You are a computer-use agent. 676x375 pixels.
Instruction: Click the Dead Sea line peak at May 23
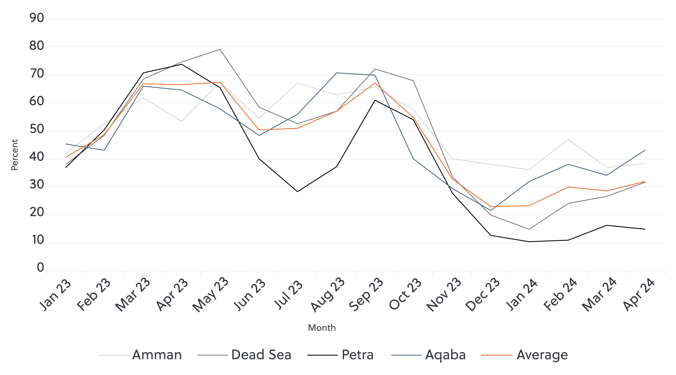(220, 49)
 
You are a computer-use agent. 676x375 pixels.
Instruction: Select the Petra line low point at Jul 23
(297, 192)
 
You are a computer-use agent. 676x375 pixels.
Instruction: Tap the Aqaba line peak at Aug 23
(336, 73)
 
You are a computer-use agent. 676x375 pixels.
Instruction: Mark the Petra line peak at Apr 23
(181, 64)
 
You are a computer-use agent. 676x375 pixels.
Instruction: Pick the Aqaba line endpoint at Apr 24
(645, 150)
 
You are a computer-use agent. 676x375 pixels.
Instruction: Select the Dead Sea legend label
(261, 355)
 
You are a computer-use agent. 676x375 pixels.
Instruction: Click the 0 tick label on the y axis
(40, 268)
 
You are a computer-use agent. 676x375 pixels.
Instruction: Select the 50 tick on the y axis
(37, 129)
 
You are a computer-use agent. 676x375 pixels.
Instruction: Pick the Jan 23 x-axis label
(55, 295)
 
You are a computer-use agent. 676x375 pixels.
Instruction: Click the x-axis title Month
(322, 328)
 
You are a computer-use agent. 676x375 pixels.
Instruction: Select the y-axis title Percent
(14, 155)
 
